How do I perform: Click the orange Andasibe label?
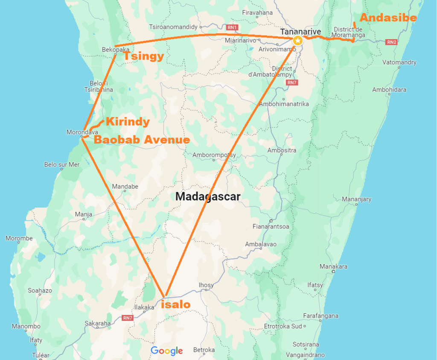tap(388, 18)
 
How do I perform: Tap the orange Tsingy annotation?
tap(143, 56)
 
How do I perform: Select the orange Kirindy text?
tap(128, 122)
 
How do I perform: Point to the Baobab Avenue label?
tap(142, 140)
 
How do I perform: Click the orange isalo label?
tap(175, 304)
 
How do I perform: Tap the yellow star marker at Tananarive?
tap(297, 41)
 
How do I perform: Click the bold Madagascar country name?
tap(208, 196)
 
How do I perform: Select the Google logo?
tap(166, 351)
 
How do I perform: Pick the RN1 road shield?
tap(232, 27)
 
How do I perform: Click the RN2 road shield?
tap(391, 42)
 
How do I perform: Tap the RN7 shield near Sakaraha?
tap(128, 318)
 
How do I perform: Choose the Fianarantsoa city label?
tap(271, 226)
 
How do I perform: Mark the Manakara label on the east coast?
tap(333, 266)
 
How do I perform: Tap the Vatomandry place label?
tap(399, 62)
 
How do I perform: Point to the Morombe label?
tap(19, 238)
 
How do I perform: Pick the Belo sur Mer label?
tap(62, 164)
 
